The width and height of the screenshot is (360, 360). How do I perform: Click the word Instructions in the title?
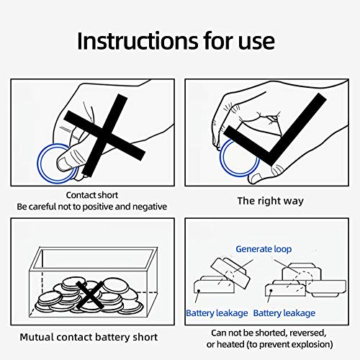[138, 41]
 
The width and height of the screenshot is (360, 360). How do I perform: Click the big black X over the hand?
[104, 135]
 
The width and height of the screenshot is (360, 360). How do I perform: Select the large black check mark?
[274, 130]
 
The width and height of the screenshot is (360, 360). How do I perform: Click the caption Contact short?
[92, 195]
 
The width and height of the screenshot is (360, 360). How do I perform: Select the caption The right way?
[271, 201]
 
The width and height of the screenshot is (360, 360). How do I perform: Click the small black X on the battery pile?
[90, 295]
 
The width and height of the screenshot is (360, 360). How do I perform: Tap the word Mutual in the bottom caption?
[37, 337]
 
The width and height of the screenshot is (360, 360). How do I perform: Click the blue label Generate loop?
[264, 249]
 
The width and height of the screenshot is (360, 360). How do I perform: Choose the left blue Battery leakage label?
[217, 313]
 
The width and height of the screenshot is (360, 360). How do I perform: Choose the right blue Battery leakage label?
[284, 313]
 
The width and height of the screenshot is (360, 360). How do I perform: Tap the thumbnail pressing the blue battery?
[63, 163]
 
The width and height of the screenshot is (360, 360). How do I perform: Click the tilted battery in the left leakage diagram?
[230, 273]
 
